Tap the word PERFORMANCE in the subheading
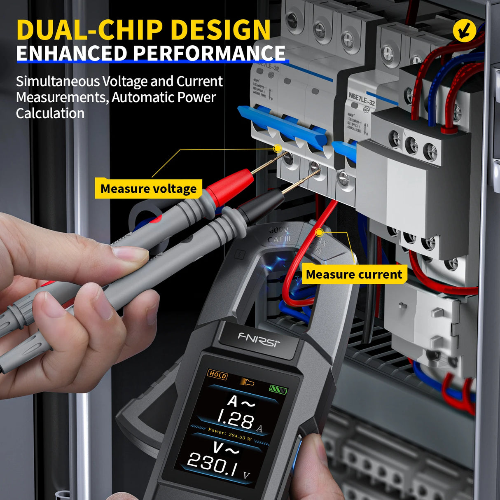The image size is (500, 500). [x=209, y=54]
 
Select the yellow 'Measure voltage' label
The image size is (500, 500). [x=149, y=189]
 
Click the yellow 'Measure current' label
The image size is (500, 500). [x=354, y=274]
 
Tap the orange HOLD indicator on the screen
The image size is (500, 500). [x=217, y=374]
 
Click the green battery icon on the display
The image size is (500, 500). [x=278, y=389]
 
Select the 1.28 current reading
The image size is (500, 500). [x=236, y=420]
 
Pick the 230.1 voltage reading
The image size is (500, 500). [x=213, y=464]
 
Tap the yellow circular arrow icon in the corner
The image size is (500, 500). [x=464, y=30]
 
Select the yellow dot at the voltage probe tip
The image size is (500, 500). [x=278, y=148]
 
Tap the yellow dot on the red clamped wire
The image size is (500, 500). [x=319, y=233]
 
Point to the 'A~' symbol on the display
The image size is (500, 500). [x=241, y=402]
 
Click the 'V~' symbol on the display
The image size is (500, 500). [x=226, y=448]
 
